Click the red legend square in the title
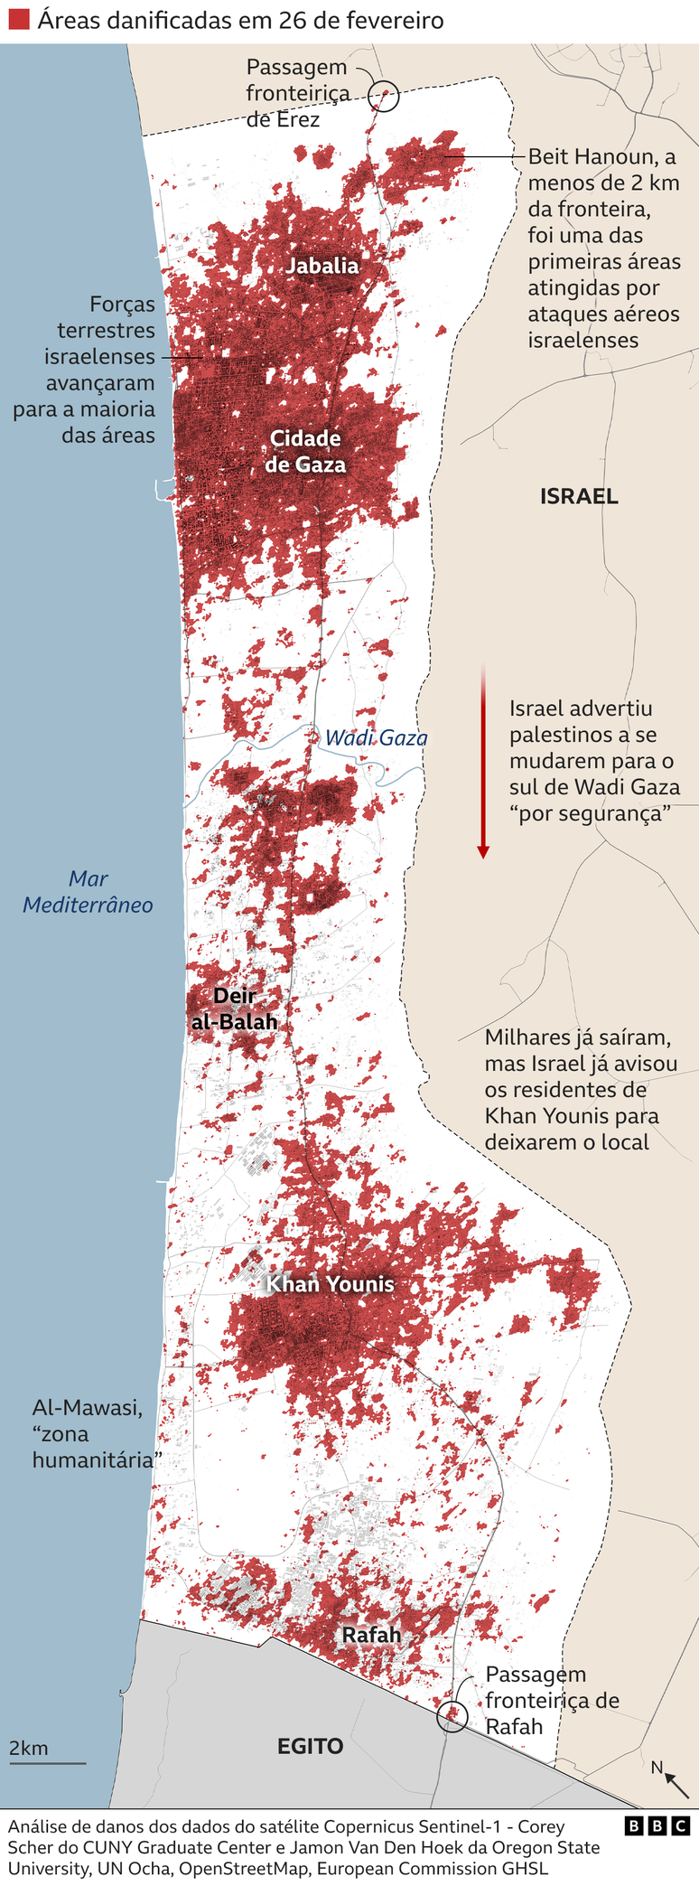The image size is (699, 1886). tap(19, 20)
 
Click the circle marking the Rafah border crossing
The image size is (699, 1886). tap(452, 1714)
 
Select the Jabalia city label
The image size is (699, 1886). tap(322, 266)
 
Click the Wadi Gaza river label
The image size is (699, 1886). tap(376, 738)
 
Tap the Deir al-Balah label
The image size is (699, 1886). tap(235, 1009)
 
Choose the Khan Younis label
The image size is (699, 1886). tap(331, 1284)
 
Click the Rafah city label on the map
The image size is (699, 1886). tap(371, 1635)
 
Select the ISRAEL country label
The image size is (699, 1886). tap(579, 495)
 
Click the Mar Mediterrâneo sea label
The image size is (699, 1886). tap(88, 891)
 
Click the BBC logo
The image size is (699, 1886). tap(657, 1825)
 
